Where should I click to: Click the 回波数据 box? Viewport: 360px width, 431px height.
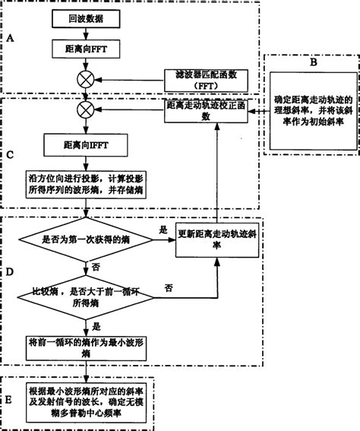pyautogui.click(x=83, y=17)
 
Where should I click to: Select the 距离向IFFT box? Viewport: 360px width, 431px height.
pyautogui.click(x=83, y=142)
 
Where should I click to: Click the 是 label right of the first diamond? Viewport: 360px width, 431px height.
pyautogui.click(x=163, y=228)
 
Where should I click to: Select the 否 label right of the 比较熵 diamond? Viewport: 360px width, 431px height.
pyautogui.click(x=168, y=287)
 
